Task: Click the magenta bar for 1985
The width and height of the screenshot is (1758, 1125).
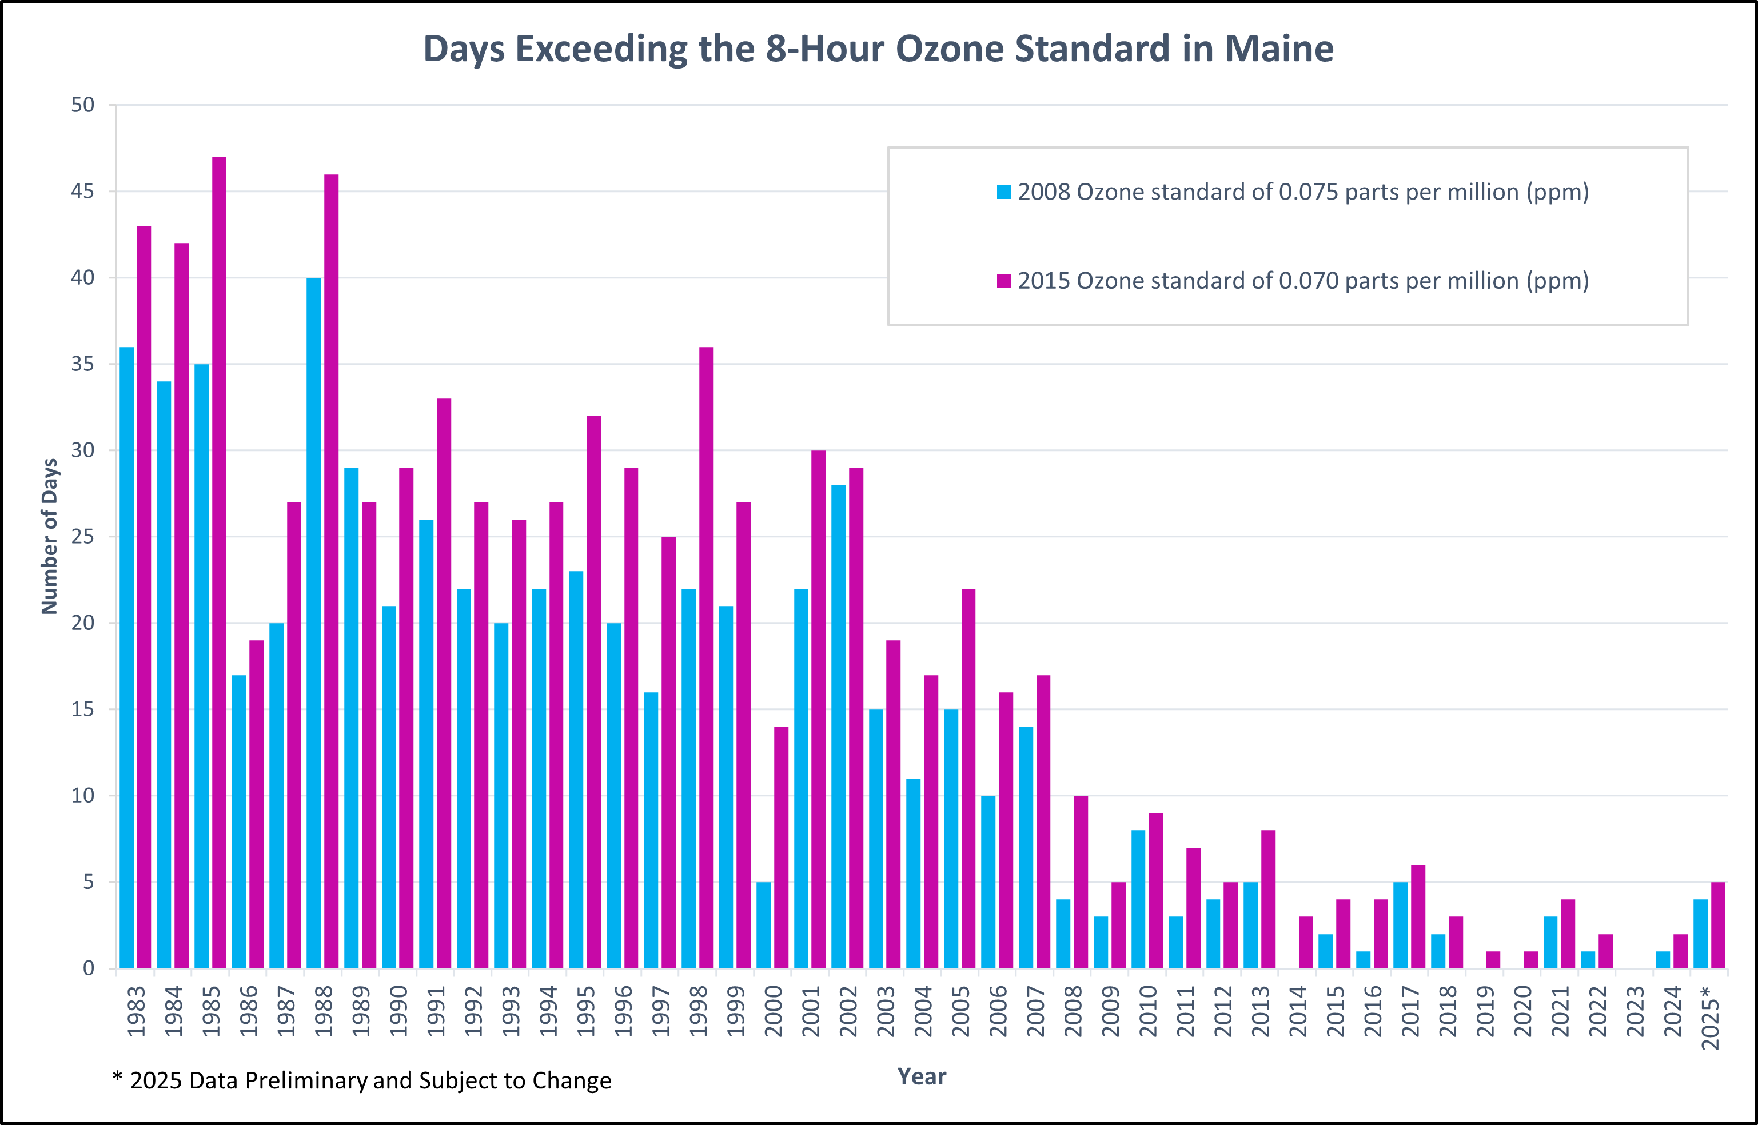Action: [219, 562]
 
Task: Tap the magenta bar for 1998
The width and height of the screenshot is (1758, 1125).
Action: [706, 657]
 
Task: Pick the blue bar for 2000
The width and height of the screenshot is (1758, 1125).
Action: [763, 925]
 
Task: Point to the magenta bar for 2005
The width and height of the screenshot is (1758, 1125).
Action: [968, 779]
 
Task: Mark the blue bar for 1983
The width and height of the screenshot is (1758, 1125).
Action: [126, 657]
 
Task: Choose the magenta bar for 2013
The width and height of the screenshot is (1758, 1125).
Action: [1269, 899]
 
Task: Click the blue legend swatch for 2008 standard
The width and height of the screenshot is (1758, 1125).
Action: [1004, 192]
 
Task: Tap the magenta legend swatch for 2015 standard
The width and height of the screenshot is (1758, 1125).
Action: [1004, 281]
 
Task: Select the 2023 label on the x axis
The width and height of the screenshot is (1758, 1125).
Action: [1635, 1011]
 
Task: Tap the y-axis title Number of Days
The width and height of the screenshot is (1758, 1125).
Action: [50, 536]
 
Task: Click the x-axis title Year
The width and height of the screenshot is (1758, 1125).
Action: [922, 1076]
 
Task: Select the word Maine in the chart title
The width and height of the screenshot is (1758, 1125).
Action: [1279, 49]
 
